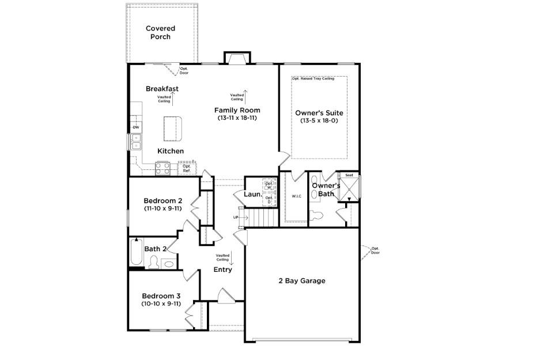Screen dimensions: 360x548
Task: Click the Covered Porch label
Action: [160, 33]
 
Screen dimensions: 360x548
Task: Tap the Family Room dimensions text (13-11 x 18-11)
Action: [237, 118]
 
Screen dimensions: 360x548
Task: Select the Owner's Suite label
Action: [319, 113]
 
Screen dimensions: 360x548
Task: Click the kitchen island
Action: [172, 128]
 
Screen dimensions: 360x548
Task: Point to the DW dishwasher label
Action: [136, 127]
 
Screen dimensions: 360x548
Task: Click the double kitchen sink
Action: [136, 142]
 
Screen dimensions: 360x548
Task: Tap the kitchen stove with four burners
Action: [162, 168]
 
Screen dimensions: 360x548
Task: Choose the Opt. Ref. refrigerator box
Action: [187, 168]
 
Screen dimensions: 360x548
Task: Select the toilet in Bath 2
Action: [154, 263]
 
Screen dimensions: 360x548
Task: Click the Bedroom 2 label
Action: [162, 200]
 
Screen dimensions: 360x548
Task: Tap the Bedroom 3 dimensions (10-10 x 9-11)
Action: [161, 304]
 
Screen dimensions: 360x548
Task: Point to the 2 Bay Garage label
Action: [302, 281]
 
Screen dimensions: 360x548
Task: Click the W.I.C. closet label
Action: [297, 196]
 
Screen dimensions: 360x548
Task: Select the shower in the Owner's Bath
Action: [349, 188]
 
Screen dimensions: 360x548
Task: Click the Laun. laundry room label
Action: [252, 195]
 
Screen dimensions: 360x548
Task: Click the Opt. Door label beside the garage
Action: [375, 251]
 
